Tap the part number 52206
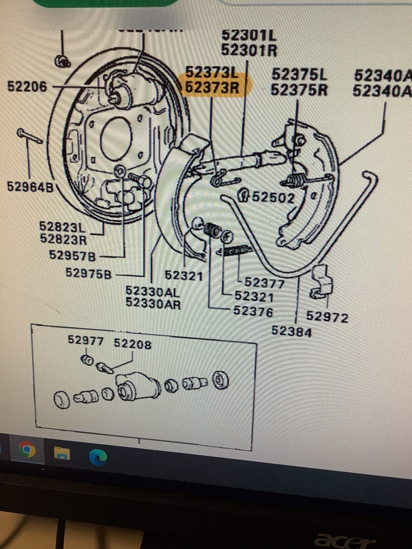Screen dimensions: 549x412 pyautogui.click(x=27, y=87)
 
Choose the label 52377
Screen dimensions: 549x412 pyautogui.click(x=264, y=283)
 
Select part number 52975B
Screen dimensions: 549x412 pyautogui.click(x=88, y=273)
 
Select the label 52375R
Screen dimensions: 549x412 pyautogui.click(x=299, y=90)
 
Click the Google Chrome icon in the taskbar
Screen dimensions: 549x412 pyautogui.click(x=27, y=450)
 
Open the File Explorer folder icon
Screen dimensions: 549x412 pyautogui.click(x=61, y=453)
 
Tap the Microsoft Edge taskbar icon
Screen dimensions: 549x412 pyautogui.click(x=98, y=457)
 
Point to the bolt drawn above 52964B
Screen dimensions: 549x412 pyautogui.click(x=29, y=136)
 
